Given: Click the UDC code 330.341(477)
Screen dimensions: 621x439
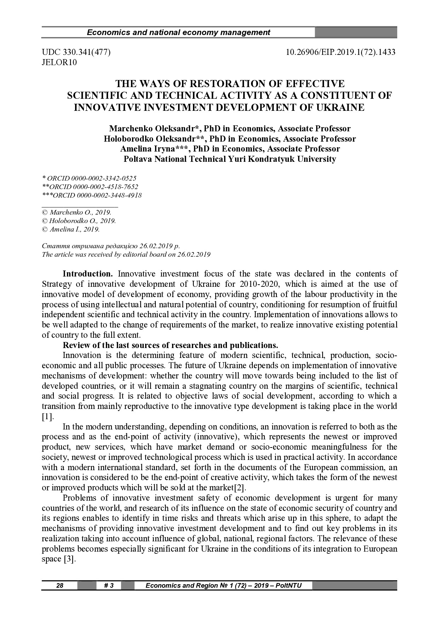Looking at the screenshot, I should coord(76,52).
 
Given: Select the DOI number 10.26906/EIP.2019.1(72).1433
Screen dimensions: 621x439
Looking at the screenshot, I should coord(341,52).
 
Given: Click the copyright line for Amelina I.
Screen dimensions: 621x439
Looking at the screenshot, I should coord(71,229).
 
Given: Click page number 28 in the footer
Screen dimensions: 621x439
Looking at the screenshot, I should coord(60,586).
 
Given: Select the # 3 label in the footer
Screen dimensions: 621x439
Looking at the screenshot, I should coord(109,586).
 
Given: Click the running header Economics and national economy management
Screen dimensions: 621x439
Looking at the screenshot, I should coord(178,33).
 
